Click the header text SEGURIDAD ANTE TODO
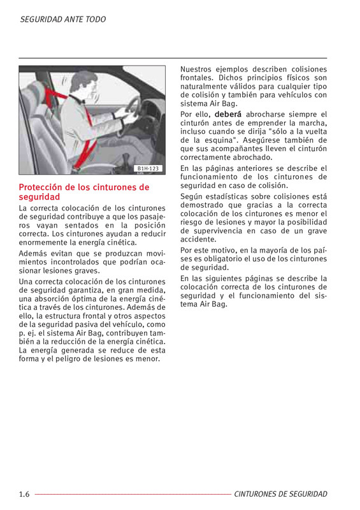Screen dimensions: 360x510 click(x=63, y=20)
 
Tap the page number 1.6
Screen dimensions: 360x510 click(x=24, y=495)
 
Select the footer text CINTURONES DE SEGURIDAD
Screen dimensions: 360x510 click(x=280, y=494)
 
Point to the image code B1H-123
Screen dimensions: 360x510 click(x=148, y=168)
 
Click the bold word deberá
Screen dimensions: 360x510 click(x=228, y=115)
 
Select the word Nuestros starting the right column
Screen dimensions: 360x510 click(x=196, y=69)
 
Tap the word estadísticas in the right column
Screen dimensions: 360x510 click(x=224, y=197)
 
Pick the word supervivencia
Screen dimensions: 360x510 click(x=218, y=231)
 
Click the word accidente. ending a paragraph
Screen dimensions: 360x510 click(x=198, y=240)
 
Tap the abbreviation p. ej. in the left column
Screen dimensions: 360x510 click(x=27, y=333)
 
